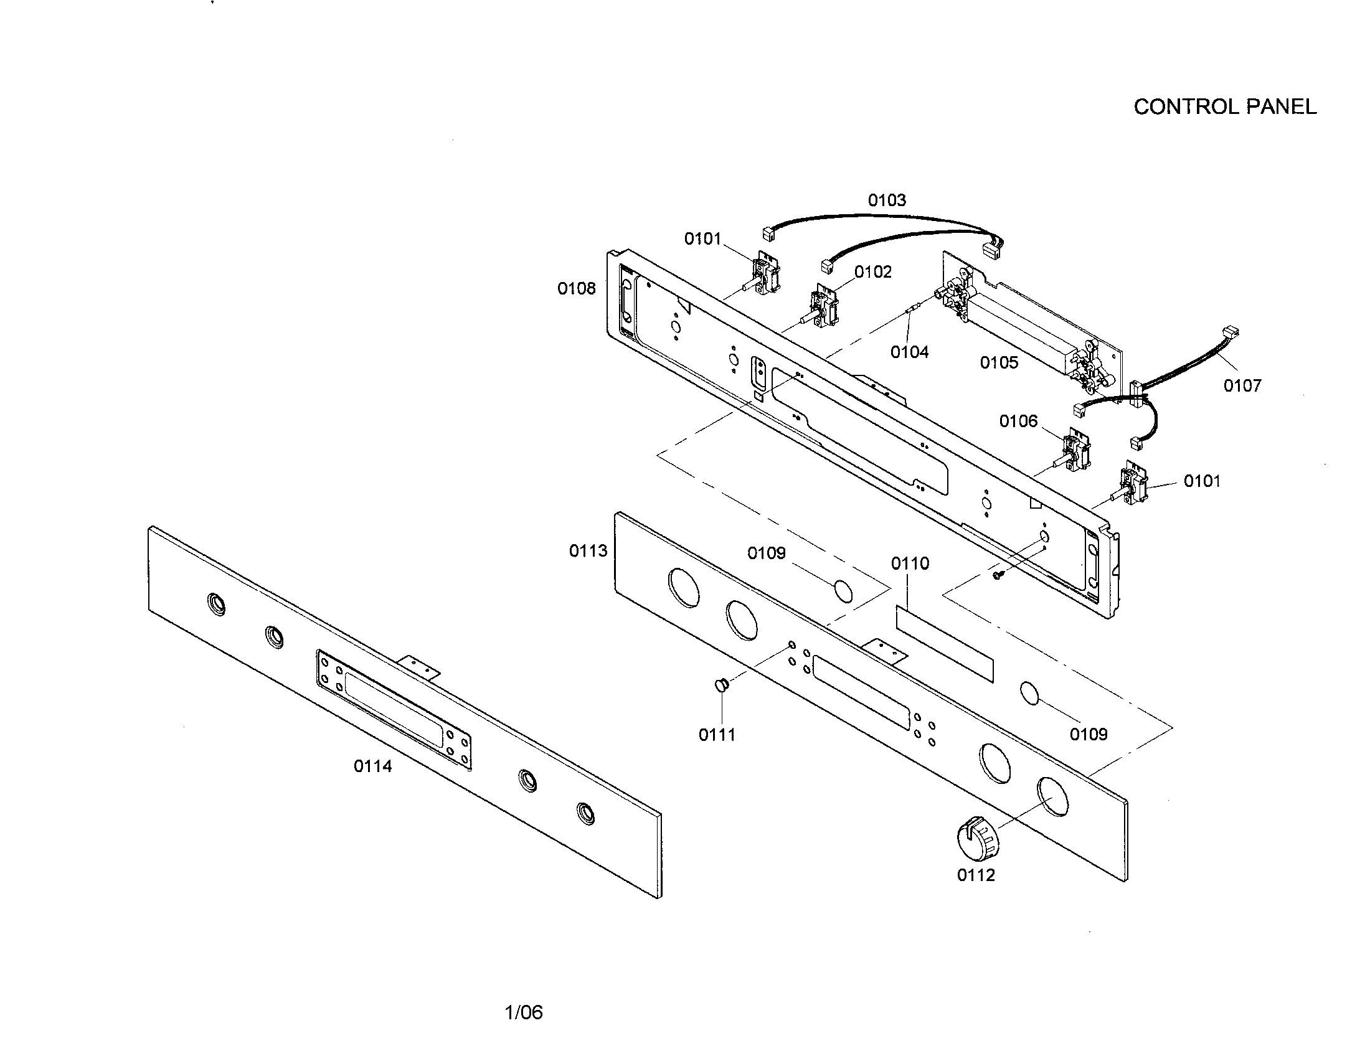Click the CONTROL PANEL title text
point(1224,107)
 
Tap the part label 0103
point(886,200)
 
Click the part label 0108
point(576,288)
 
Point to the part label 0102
point(872,272)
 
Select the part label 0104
point(909,352)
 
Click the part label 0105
point(999,363)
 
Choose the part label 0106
point(1018,421)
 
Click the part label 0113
point(588,551)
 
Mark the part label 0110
point(910,563)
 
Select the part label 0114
point(372,766)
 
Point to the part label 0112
point(975,875)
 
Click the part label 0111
point(716,735)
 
